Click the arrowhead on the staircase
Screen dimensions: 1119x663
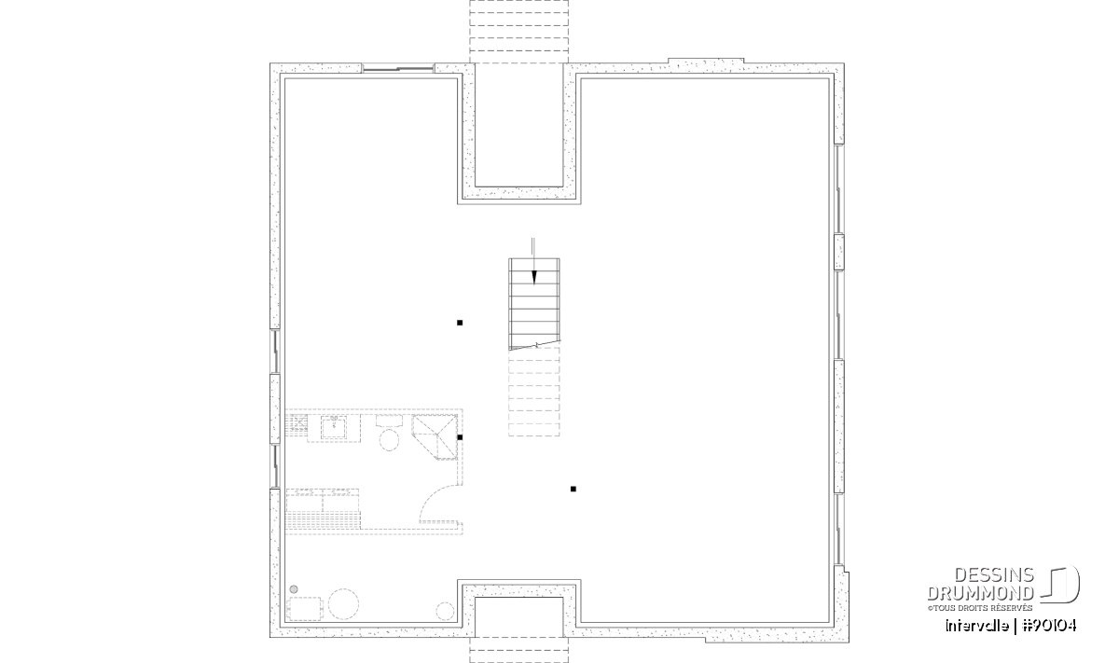(534, 277)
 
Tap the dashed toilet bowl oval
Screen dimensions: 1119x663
(389, 441)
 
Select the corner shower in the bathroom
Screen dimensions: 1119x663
(435, 436)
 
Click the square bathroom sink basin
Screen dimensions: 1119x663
(334, 428)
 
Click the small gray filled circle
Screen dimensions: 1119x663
(294, 589)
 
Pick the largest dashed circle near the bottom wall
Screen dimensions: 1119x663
(344, 604)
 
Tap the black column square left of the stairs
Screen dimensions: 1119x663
(460, 323)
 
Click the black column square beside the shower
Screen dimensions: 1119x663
(460, 437)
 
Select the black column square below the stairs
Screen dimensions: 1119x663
(573, 490)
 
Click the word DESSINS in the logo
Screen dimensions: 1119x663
(994, 575)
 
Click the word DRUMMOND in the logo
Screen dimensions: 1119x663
(980, 593)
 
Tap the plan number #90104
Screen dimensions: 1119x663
(1049, 626)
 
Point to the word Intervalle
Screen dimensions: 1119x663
(976, 626)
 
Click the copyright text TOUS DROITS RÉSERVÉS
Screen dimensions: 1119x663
(983, 608)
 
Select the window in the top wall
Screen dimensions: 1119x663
(397, 69)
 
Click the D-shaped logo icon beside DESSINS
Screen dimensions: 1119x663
(1060, 585)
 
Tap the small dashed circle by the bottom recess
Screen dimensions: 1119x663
(445, 611)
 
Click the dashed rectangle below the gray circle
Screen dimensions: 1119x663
(305, 609)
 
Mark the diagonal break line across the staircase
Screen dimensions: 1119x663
(534, 345)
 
